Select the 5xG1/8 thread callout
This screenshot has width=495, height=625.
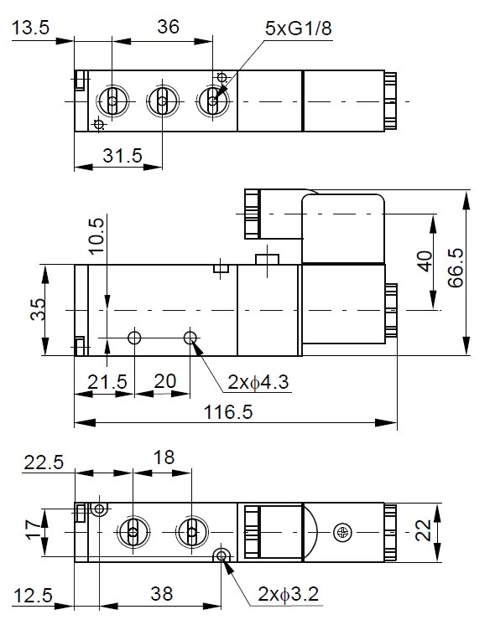point(298,28)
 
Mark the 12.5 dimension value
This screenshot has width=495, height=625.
point(33,596)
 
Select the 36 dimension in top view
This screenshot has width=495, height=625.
point(169,27)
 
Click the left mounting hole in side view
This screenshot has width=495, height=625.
point(134,338)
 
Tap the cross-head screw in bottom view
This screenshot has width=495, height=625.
point(341,531)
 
